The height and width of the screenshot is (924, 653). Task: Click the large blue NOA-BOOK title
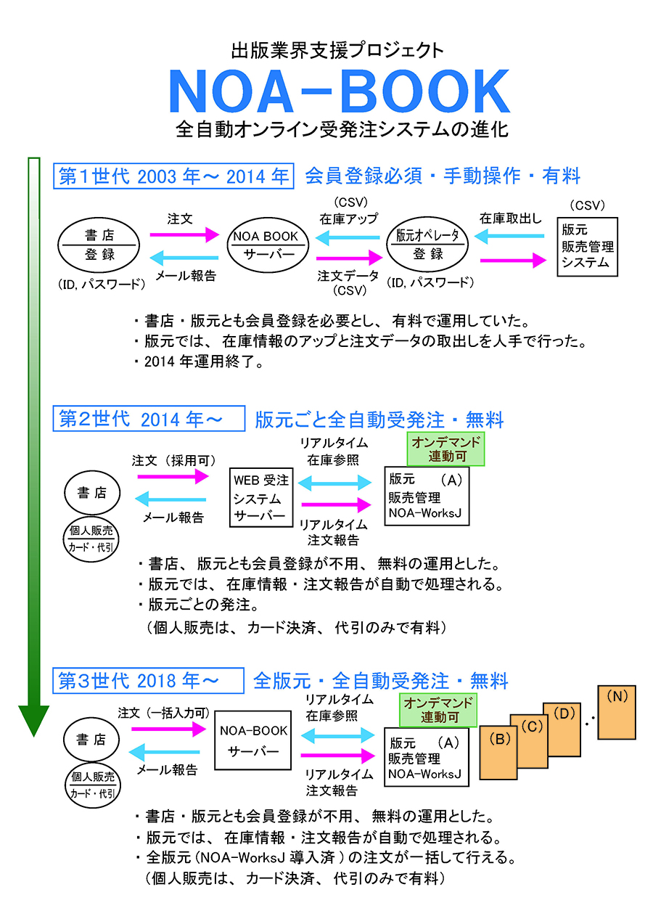[x=339, y=92]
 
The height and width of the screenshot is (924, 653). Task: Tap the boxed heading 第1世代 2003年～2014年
[x=173, y=176]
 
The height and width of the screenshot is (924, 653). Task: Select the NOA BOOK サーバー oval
[x=266, y=245]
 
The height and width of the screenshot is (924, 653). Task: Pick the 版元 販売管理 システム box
[x=587, y=247]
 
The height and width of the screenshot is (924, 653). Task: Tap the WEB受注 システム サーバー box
[x=261, y=498]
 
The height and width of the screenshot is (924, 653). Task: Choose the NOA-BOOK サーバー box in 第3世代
[x=253, y=740]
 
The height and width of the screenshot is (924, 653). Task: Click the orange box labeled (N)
[x=616, y=712]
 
